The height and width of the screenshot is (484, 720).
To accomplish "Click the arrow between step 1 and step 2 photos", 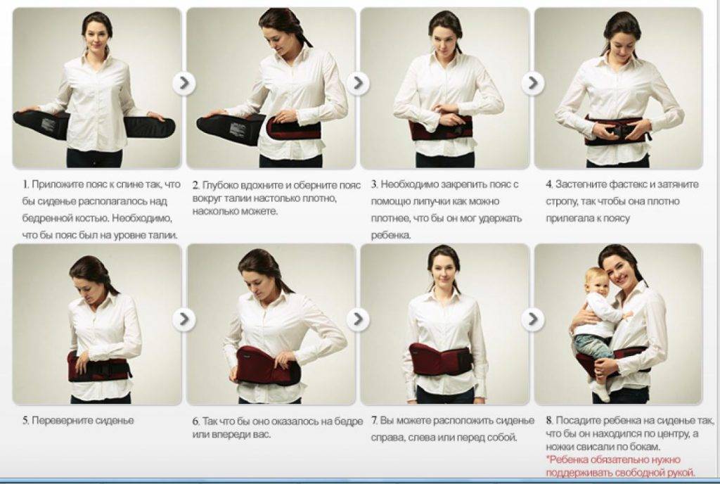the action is pyautogui.click(x=184, y=83).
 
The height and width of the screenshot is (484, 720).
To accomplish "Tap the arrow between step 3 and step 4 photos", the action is pyautogui.click(x=532, y=83).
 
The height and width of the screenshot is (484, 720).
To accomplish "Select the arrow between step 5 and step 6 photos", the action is pyautogui.click(x=184, y=319).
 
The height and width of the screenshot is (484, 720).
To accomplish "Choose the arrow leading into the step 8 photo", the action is pyautogui.click(x=532, y=319).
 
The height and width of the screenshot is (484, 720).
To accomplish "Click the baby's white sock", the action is pyautogui.click(x=600, y=392).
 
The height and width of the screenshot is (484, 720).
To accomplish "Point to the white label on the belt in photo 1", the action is pyautogui.click(x=48, y=124).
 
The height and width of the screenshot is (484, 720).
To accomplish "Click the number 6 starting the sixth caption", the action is pyautogui.click(x=195, y=421).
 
